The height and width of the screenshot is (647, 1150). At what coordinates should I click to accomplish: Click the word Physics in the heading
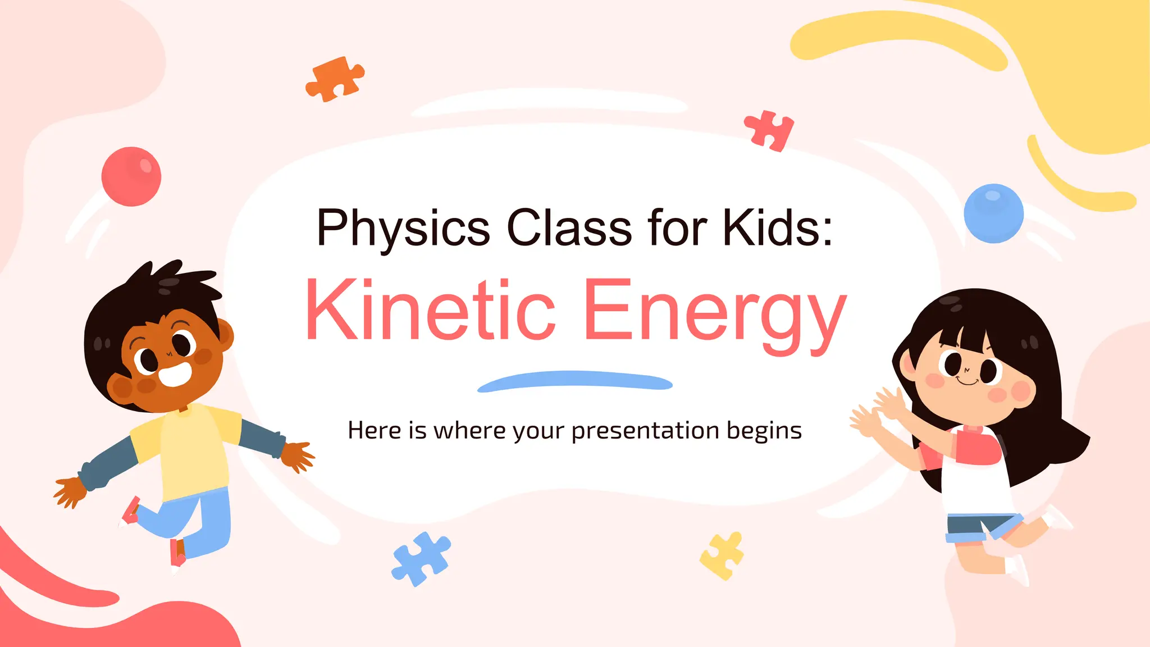tap(403, 227)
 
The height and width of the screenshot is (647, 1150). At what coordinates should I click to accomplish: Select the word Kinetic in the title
tap(430, 310)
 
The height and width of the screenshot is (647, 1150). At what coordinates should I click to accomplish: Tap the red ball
tap(131, 176)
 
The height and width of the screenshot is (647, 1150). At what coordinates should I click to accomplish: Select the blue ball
tap(993, 213)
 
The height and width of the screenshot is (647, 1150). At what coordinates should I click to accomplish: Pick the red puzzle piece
tap(770, 131)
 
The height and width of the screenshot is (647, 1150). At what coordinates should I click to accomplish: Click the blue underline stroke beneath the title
tap(574, 381)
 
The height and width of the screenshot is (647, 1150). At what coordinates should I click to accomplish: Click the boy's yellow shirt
tap(191, 449)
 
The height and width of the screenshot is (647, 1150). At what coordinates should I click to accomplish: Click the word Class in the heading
tap(569, 227)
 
